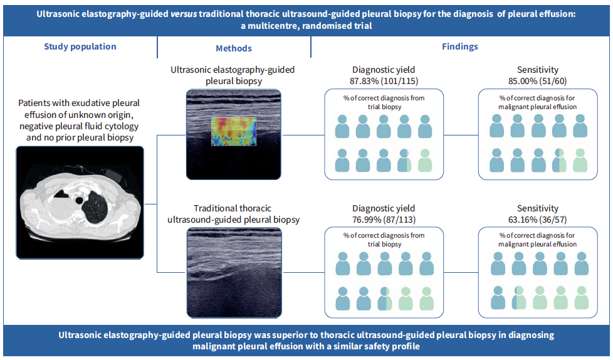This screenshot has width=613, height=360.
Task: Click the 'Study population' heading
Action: (80, 46)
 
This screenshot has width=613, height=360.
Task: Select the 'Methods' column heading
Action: (233, 48)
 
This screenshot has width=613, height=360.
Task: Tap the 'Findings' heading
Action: (460, 46)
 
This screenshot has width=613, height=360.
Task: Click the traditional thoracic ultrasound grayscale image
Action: (233, 272)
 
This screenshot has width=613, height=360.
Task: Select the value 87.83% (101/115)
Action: (384, 80)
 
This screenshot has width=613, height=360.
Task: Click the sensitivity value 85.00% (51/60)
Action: (538, 80)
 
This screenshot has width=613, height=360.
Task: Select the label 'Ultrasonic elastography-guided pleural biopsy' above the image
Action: (233, 75)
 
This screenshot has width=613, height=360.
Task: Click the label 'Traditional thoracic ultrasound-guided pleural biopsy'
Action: (233, 213)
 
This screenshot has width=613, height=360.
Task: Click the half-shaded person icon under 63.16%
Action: (518, 297)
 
